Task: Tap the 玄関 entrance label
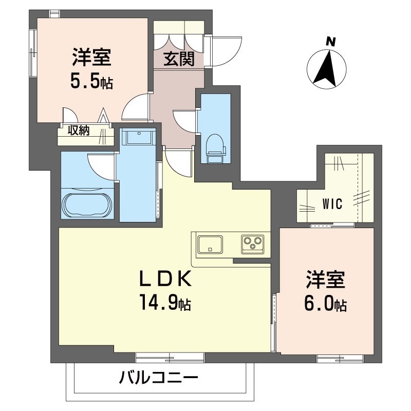pyautogui.click(x=179, y=60)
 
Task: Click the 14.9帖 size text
pyautogui.click(x=164, y=303)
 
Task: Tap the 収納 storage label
pyautogui.click(x=80, y=130)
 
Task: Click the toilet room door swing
pyautogui.click(x=184, y=121)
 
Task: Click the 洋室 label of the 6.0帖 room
pyautogui.click(x=326, y=282)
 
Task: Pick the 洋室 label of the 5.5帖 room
pyautogui.click(x=92, y=58)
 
